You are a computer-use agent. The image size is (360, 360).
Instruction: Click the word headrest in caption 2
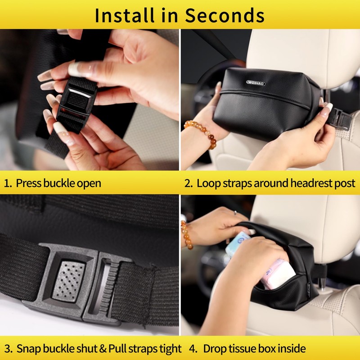pos(294,184)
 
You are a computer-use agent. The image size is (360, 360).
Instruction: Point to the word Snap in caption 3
pos(28,349)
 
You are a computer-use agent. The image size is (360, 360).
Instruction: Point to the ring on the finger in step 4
pos(234,213)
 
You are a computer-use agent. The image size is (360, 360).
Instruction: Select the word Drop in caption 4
pos(215,349)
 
